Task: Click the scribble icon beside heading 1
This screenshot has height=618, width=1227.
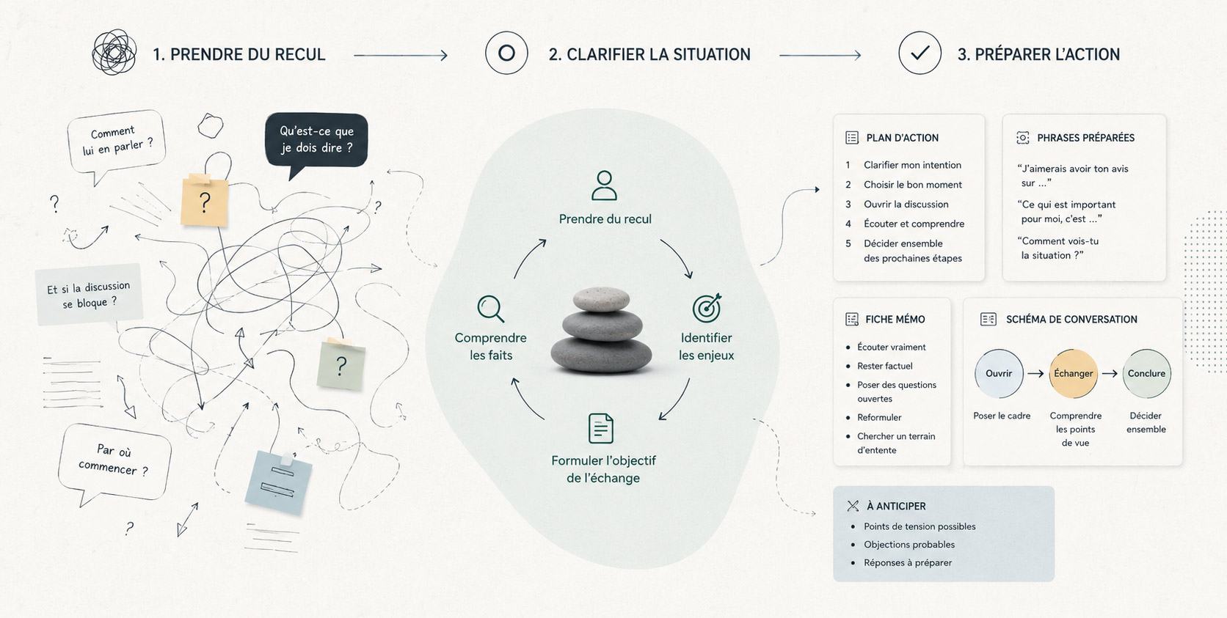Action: coord(114,52)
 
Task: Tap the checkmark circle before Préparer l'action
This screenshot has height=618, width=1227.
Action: coord(920,53)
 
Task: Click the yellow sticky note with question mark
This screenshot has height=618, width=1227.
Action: coord(204,201)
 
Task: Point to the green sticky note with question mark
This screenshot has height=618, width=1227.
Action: coord(341,364)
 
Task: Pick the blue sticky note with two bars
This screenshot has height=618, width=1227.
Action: coord(278,482)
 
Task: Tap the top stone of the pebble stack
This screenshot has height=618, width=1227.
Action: coord(601,299)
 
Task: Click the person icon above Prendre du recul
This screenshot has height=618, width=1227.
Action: coord(604,185)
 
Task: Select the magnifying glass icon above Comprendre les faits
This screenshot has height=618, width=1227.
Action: coord(490,309)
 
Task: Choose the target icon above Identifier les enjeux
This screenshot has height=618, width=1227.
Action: coord(707,308)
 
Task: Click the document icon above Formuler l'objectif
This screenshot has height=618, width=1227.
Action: coord(600,428)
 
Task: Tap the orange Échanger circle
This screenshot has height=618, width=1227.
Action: coord(1073,373)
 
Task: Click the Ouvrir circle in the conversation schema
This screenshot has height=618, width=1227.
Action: coord(999,373)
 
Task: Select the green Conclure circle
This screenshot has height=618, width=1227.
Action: coord(1146,373)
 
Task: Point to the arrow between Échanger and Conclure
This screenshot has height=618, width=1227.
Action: coord(1110,373)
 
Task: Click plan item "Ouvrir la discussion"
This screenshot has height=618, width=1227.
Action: coord(906,205)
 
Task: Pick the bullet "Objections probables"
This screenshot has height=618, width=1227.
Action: coord(909,545)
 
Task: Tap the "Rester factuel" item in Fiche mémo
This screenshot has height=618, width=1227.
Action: coord(884,366)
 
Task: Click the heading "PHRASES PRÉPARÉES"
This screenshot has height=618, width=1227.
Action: coord(1085,138)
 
